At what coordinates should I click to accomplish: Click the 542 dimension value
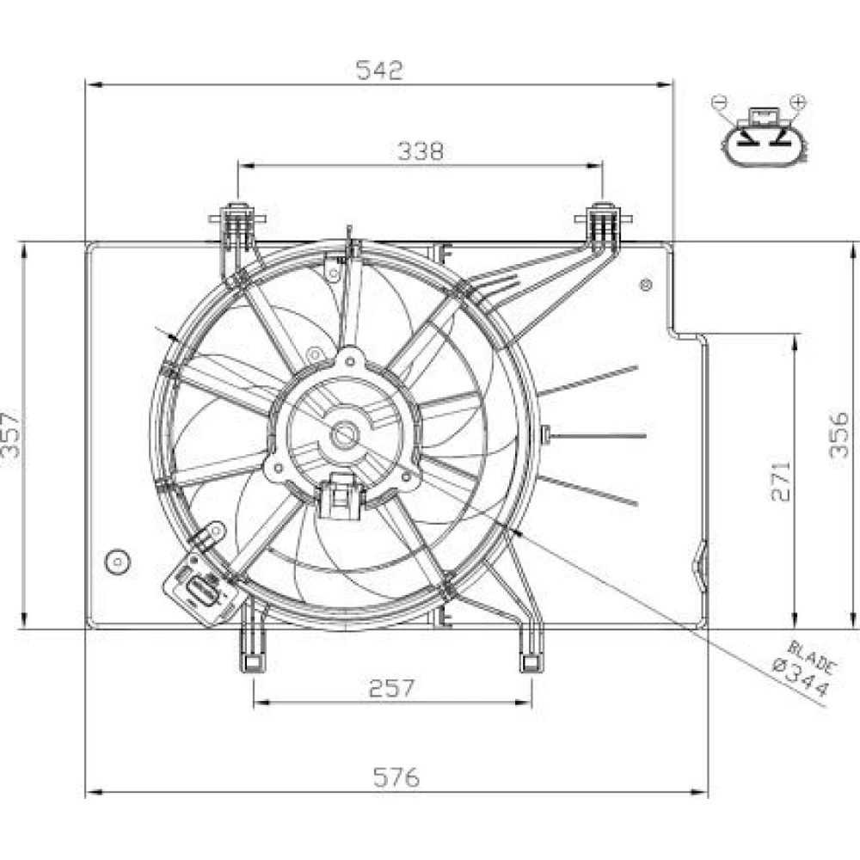[379, 71]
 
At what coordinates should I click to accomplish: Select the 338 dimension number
[421, 151]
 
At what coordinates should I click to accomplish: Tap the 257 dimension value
[392, 688]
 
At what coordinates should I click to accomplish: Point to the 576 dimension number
[396, 777]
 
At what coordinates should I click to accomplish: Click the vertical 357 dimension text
[11, 435]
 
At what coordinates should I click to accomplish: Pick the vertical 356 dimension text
[838, 435]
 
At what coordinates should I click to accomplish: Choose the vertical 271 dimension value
[781, 479]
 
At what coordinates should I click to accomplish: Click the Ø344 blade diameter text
[800, 680]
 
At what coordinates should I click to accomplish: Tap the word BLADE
[813, 657]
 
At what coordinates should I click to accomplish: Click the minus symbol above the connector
[719, 102]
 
